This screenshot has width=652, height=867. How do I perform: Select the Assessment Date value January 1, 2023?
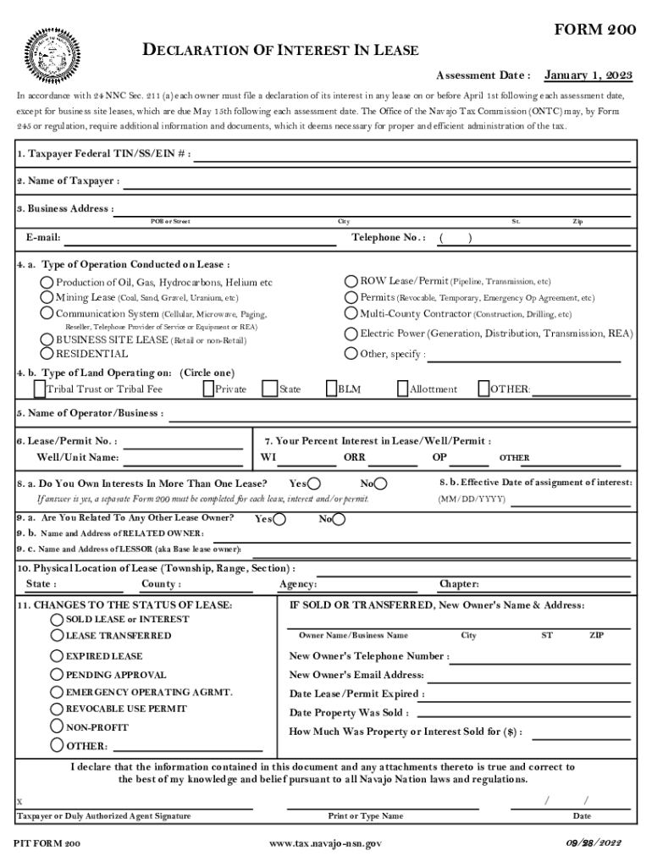[588, 75]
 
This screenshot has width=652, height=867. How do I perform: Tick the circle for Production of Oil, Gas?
[48, 282]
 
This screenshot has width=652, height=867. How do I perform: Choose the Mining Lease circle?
[48, 297]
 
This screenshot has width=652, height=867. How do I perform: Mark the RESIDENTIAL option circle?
[48, 354]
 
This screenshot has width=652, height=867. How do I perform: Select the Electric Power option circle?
[351, 334]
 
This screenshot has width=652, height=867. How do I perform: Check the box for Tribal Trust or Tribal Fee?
[39, 389]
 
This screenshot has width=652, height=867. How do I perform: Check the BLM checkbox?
[331, 389]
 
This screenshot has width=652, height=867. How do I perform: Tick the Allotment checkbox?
[402, 389]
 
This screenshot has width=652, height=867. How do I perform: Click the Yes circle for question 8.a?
[314, 483]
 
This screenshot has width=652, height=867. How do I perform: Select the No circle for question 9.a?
[339, 519]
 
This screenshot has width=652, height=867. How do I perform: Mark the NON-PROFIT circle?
[57, 726]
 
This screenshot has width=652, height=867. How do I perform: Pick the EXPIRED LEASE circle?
[57, 655]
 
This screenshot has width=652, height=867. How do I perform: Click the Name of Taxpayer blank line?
[377, 182]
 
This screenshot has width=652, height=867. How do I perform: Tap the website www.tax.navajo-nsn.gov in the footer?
[325, 844]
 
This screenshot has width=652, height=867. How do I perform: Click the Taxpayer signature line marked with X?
[135, 802]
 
